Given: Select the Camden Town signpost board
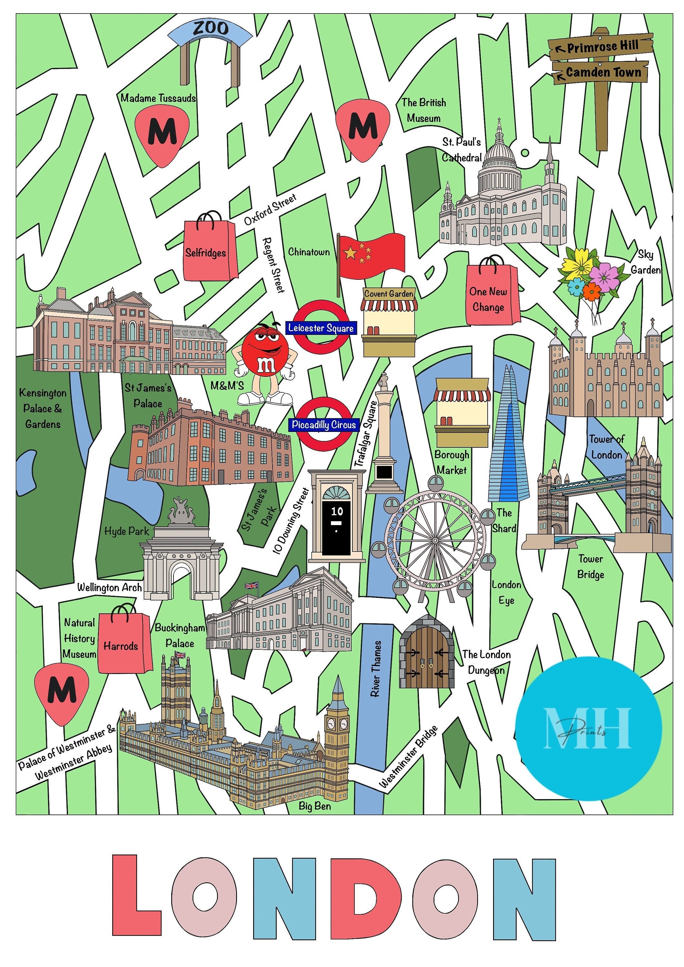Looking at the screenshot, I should pyautogui.click(x=601, y=73).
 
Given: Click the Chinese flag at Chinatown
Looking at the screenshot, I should pyautogui.click(x=371, y=255).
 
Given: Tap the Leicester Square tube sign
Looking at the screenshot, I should pyautogui.click(x=321, y=328).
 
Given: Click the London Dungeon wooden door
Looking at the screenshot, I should pyautogui.click(x=427, y=655).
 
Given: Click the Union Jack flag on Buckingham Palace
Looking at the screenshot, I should pyautogui.click(x=252, y=585).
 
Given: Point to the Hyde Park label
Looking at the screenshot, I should pyautogui.click(x=127, y=531).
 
